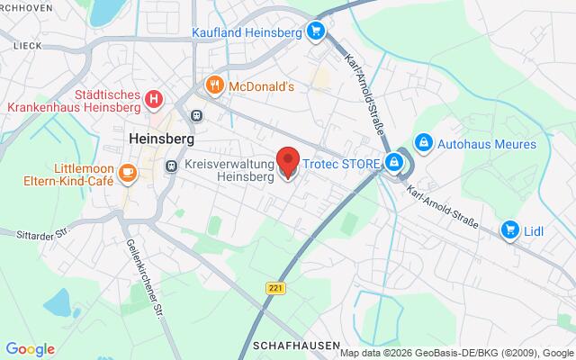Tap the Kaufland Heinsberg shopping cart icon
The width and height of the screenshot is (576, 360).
[314, 32]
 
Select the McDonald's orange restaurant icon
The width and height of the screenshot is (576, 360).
[214, 86]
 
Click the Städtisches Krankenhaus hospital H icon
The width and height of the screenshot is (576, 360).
[154, 99]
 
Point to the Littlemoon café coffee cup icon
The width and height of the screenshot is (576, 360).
[128, 171]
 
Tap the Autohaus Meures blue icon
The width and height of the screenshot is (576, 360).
[424, 143]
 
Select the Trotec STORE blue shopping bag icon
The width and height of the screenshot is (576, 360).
[392, 163]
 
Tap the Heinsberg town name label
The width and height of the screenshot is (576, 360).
[163, 139]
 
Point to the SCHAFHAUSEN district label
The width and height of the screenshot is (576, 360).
[297, 346]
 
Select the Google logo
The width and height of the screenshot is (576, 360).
[30, 349]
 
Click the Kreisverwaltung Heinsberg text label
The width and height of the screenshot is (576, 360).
[229, 171]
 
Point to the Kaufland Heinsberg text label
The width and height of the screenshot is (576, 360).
[246, 33]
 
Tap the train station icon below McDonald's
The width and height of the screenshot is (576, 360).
[196, 114]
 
